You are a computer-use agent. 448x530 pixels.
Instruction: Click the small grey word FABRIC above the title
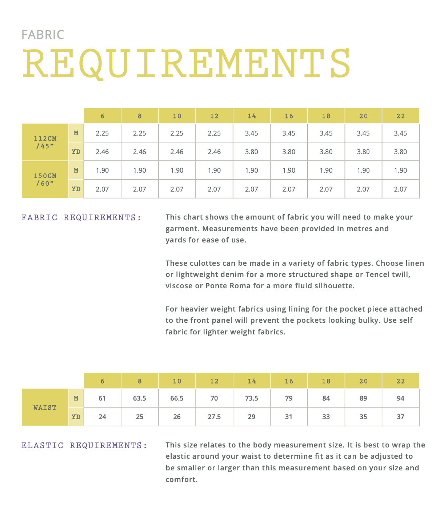tap(43, 35)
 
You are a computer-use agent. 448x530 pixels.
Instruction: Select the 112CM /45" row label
tap(45, 142)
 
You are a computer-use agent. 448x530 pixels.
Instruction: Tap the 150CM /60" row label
tap(45, 179)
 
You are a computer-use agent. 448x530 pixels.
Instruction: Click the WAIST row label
tap(45, 407)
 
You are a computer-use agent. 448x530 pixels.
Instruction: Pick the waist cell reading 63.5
tap(140, 398)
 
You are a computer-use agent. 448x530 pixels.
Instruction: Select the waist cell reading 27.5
tap(214, 417)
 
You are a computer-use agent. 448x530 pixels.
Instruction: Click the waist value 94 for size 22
tap(400, 398)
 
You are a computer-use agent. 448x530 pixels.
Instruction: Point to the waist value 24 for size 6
tap(102, 417)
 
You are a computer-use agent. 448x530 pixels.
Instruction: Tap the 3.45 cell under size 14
tap(252, 133)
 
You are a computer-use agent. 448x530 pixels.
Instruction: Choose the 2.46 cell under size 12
tap(214, 152)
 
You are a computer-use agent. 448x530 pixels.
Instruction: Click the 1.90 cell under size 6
tap(102, 170)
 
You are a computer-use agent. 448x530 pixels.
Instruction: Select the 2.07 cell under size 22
tap(400, 189)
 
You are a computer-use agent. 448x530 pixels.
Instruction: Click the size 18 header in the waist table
tap(326, 381)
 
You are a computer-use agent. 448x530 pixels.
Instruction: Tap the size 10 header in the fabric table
tap(177, 116)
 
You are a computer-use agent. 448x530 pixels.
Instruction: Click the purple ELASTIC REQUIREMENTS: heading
tap(84, 446)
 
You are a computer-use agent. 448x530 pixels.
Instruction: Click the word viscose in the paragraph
tap(179, 286)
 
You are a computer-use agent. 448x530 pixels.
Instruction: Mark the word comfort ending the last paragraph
tap(180, 479)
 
